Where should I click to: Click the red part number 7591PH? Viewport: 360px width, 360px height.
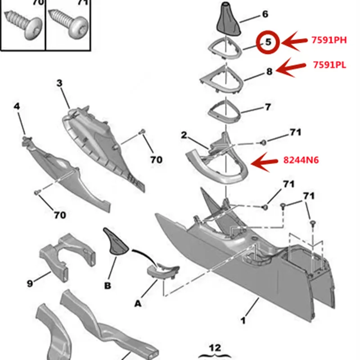[329, 40]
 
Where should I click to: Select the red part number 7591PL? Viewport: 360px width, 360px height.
[329, 65]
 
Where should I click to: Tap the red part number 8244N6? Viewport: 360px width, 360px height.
[301, 160]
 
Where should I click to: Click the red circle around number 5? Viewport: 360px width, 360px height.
[268, 42]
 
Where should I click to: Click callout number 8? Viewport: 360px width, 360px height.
[269, 72]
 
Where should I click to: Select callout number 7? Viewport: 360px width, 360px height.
[268, 107]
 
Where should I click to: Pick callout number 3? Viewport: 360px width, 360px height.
[59, 83]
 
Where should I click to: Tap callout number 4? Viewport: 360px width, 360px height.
[17, 106]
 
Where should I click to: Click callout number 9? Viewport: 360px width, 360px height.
[30, 283]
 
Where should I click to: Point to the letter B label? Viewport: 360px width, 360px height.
[108, 286]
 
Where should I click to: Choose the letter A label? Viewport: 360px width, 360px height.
[138, 303]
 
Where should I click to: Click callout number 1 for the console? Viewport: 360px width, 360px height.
[243, 320]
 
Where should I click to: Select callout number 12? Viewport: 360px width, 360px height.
[215, 348]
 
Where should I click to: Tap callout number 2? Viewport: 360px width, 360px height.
[184, 135]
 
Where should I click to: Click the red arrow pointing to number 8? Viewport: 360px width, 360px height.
[291, 67]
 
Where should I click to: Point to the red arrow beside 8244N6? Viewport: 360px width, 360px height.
[264, 162]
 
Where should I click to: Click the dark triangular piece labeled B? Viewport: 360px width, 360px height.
[116, 242]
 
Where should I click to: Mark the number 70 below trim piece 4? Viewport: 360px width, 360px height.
[60, 215]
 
